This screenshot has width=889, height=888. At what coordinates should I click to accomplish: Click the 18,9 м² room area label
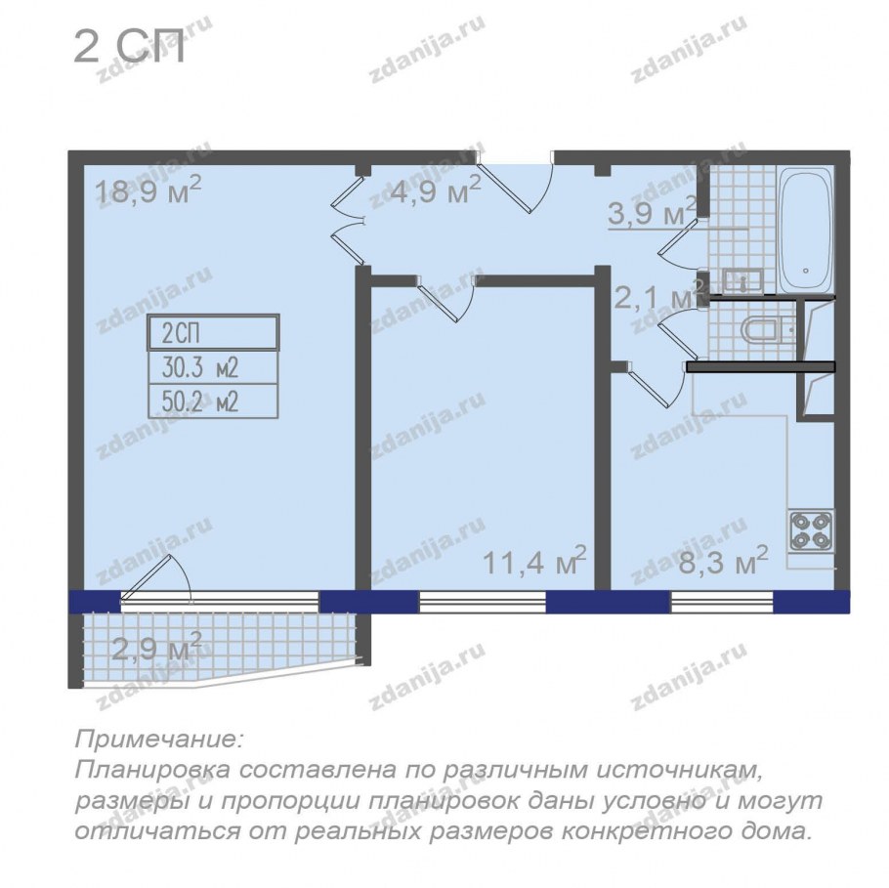148,190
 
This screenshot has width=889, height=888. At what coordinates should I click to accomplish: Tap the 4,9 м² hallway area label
436,190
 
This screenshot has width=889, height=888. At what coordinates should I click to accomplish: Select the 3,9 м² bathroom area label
652,212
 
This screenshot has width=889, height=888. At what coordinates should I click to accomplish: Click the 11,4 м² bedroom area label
534,562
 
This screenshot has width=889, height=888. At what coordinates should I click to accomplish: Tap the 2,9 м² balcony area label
157,647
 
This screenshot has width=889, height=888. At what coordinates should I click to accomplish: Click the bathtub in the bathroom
806,230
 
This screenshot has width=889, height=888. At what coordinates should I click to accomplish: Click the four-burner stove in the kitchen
811,531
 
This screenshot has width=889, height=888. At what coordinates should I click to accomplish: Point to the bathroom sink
742,281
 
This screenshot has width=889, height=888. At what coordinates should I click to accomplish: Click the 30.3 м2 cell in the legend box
213,367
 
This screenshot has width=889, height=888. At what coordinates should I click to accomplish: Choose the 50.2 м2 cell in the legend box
213,402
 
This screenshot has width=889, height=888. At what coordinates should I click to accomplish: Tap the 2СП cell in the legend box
213,333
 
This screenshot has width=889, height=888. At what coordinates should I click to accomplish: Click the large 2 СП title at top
129,48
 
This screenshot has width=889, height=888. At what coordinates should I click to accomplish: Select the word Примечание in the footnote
159,740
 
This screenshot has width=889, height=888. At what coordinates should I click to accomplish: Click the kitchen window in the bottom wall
722,602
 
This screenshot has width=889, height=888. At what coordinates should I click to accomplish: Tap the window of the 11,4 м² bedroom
483,602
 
